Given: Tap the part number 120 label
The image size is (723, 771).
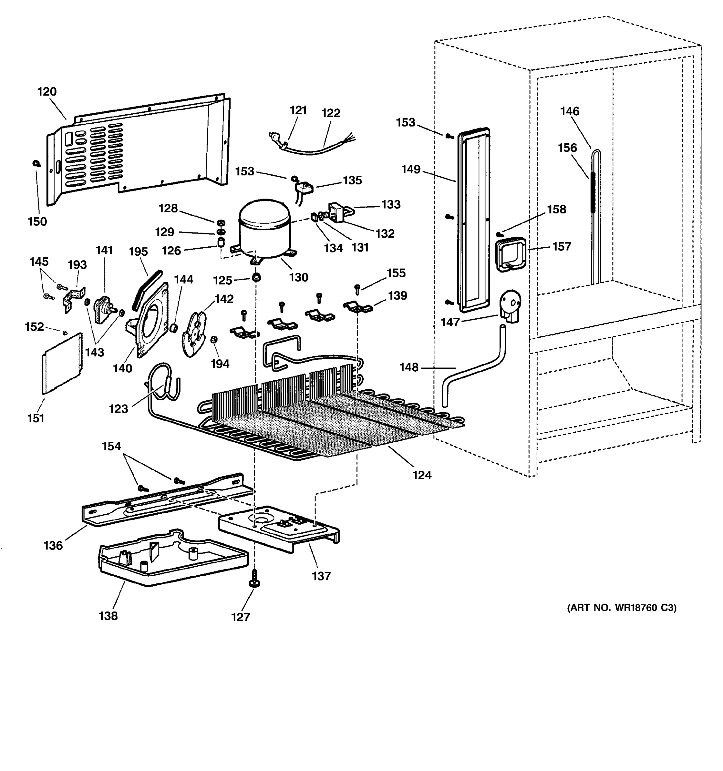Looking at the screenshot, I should [47, 92].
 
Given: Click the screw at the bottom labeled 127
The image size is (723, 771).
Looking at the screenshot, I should [255, 579].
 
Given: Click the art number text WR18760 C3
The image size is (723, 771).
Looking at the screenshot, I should [622, 607].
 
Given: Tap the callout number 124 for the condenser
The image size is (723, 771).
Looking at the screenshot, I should [422, 475].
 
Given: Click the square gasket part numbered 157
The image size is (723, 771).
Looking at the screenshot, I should [511, 254].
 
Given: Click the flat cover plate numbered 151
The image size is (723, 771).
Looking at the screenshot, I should [62, 362].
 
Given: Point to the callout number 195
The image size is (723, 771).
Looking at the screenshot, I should [138, 252].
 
